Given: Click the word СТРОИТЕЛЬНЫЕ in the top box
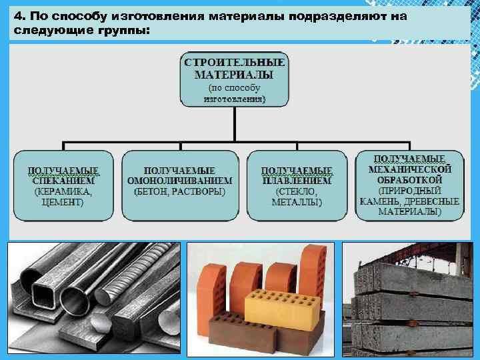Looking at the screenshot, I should click(x=235, y=62).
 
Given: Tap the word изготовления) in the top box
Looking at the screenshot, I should click(x=235, y=99).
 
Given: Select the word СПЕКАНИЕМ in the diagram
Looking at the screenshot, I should click(x=63, y=180).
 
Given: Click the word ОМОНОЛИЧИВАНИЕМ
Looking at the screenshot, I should click(x=179, y=180).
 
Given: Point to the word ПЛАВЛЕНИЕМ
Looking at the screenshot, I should click(x=297, y=180).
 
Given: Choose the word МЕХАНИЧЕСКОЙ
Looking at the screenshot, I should click(x=409, y=169).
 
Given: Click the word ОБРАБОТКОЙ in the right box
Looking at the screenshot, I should click(x=409, y=180).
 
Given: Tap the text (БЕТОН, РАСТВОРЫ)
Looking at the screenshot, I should click(x=179, y=191).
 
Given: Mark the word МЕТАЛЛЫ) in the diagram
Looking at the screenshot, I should click(x=297, y=203).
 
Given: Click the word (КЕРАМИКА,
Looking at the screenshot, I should click(x=63, y=191).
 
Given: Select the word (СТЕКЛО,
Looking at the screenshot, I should click(x=297, y=191).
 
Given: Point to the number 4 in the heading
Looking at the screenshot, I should click(x=18, y=15).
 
